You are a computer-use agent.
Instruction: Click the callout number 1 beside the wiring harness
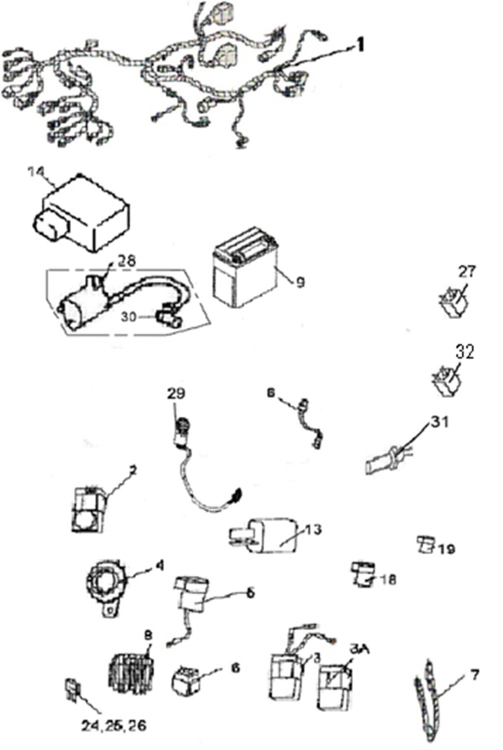point(360,45)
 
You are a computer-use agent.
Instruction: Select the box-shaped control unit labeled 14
point(84,216)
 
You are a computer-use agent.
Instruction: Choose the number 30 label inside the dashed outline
point(129,318)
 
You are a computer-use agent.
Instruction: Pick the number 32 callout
point(465,352)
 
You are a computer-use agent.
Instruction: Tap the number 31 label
point(440,422)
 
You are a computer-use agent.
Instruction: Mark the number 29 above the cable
point(176,393)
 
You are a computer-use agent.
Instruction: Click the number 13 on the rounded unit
point(312,529)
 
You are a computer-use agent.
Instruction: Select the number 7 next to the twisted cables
point(475,675)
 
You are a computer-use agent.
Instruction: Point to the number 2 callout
point(132,471)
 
